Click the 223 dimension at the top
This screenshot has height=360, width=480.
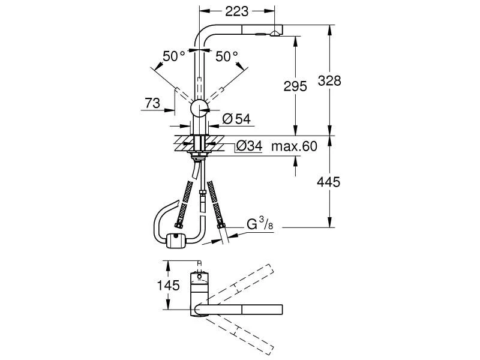(x=236, y=10)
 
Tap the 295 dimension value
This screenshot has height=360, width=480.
(x=295, y=86)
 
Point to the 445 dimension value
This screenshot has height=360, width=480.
(x=329, y=181)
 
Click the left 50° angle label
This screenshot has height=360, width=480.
(x=174, y=56)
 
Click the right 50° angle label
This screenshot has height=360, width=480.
(x=227, y=56)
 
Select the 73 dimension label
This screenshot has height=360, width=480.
(x=152, y=103)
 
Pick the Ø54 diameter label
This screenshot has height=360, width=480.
(x=236, y=119)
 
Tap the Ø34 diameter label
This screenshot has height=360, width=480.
(x=248, y=146)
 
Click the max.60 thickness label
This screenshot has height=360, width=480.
(x=293, y=146)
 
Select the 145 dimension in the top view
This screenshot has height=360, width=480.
(x=169, y=286)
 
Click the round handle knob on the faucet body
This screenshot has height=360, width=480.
(x=199, y=109)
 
